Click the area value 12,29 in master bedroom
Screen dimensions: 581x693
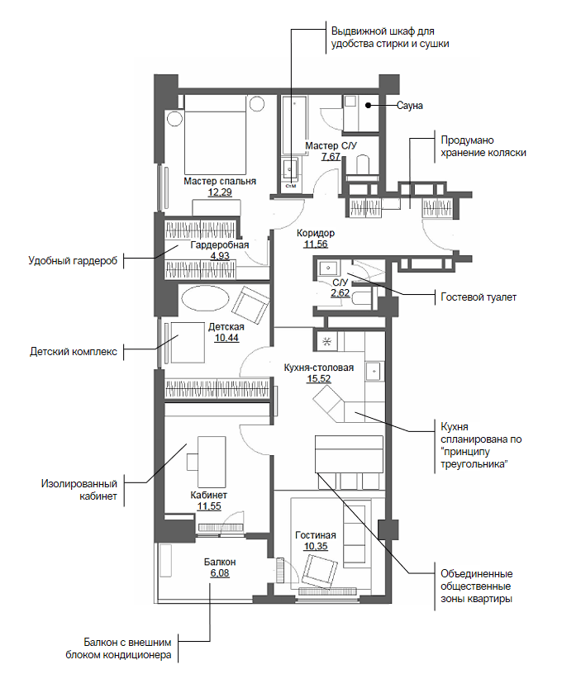click(x=219, y=192)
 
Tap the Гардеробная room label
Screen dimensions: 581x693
click(x=219, y=245)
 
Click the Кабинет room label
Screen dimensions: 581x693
click(x=208, y=495)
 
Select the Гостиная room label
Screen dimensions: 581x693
click(x=315, y=535)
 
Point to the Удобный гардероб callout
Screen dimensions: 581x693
click(x=73, y=261)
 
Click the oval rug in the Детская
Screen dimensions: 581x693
click(x=205, y=298)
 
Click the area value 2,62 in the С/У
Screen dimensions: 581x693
click(x=340, y=292)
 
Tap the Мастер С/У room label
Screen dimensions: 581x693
click(x=331, y=145)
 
